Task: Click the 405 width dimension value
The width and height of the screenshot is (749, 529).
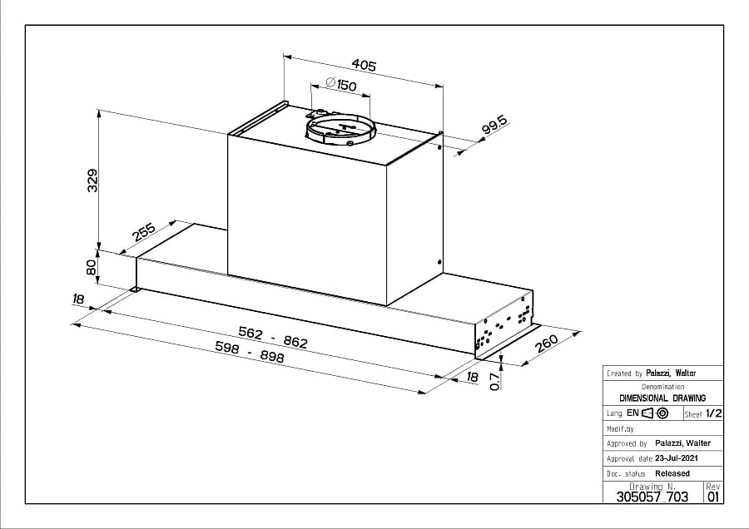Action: click(x=364, y=65)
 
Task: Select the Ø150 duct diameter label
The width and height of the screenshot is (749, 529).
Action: click(x=341, y=84)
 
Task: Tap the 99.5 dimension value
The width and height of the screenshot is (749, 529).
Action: click(x=494, y=125)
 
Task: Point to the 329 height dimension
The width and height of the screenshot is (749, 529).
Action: click(x=92, y=180)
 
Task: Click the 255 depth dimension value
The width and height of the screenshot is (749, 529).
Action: click(x=144, y=232)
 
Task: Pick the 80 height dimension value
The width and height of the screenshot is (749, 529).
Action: click(x=91, y=267)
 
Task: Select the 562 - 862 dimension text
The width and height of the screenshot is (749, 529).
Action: click(x=273, y=337)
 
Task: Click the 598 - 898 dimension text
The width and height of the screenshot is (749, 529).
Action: click(x=250, y=351)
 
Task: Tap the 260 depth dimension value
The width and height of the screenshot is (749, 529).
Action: click(x=547, y=344)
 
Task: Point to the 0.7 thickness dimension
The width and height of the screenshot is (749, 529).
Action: click(x=495, y=382)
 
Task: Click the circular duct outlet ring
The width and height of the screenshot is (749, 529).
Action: click(x=341, y=125)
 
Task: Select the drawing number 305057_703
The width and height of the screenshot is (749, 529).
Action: click(x=652, y=497)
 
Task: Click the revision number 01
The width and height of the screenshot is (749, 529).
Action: click(x=712, y=497)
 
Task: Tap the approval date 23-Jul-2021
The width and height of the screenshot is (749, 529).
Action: click(x=677, y=457)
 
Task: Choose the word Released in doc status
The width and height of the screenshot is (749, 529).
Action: click(x=672, y=473)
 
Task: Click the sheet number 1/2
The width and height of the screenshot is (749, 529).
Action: click(x=714, y=413)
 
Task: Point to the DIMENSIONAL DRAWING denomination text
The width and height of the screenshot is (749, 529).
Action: click(x=662, y=398)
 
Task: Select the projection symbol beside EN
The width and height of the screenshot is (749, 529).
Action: click(x=655, y=413)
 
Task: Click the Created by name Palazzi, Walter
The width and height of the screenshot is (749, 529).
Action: click(x=671, y=373)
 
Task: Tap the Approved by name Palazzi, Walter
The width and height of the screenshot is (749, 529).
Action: click(x=683, y=443)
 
